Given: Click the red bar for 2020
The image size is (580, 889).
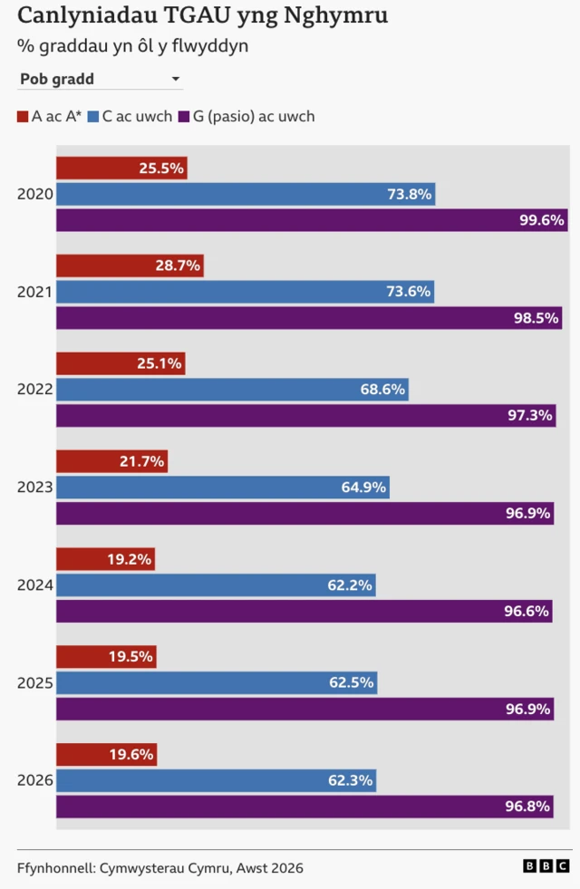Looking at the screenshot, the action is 121,168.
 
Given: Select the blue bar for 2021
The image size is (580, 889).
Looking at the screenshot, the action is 245,292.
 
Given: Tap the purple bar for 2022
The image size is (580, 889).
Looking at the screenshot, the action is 306,415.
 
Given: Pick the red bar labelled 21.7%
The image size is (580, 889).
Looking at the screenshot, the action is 111,461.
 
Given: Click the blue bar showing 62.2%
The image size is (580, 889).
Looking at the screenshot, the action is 216,585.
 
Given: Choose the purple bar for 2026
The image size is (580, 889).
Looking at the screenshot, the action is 305,807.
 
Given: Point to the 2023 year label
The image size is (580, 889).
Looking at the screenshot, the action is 35,487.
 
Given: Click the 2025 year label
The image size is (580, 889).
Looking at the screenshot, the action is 35,682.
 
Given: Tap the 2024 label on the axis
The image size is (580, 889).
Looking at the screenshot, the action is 35,585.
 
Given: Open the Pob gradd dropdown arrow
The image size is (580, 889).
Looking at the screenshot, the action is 176,80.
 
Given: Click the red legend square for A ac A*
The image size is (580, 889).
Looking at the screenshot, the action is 23,117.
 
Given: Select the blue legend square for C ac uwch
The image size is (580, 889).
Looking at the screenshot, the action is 93,117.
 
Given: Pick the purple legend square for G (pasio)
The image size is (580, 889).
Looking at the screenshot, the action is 184,117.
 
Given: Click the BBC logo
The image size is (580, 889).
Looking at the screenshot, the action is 546,865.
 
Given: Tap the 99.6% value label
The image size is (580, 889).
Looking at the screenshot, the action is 542,220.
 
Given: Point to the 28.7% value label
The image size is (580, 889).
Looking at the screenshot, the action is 178,266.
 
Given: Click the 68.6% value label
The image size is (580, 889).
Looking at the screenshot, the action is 382,390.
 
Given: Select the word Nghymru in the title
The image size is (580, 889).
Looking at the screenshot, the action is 335,16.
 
